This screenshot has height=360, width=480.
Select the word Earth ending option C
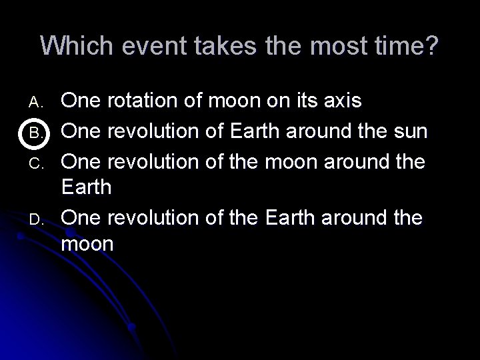tap(86, 187)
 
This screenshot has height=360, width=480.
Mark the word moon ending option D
tap(87, 244)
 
